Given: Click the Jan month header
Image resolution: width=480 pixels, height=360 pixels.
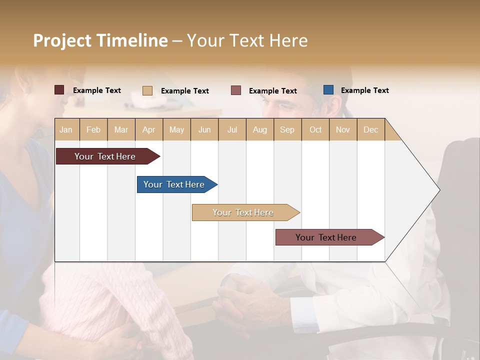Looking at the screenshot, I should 66,129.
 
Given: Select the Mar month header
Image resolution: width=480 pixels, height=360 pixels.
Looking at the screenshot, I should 121,129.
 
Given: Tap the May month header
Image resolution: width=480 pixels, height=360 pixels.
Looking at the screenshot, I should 176,129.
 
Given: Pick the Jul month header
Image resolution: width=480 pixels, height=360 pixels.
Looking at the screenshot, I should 232,129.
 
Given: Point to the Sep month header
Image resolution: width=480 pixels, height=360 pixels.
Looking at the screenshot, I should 287,129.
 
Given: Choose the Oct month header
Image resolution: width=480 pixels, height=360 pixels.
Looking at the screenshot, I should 315,129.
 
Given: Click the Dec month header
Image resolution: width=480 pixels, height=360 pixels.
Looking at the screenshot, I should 370,129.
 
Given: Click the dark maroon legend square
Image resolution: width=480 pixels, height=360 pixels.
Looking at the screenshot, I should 59,90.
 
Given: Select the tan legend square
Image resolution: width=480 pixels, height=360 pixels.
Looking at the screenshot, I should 147,90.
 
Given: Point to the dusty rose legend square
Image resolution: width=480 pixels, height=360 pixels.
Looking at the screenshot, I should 236,90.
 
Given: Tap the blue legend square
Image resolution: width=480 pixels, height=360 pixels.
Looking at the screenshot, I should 328,90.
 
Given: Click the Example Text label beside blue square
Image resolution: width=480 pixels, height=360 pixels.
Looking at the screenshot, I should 364,90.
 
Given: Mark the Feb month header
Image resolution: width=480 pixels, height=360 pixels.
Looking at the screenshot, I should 93,129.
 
